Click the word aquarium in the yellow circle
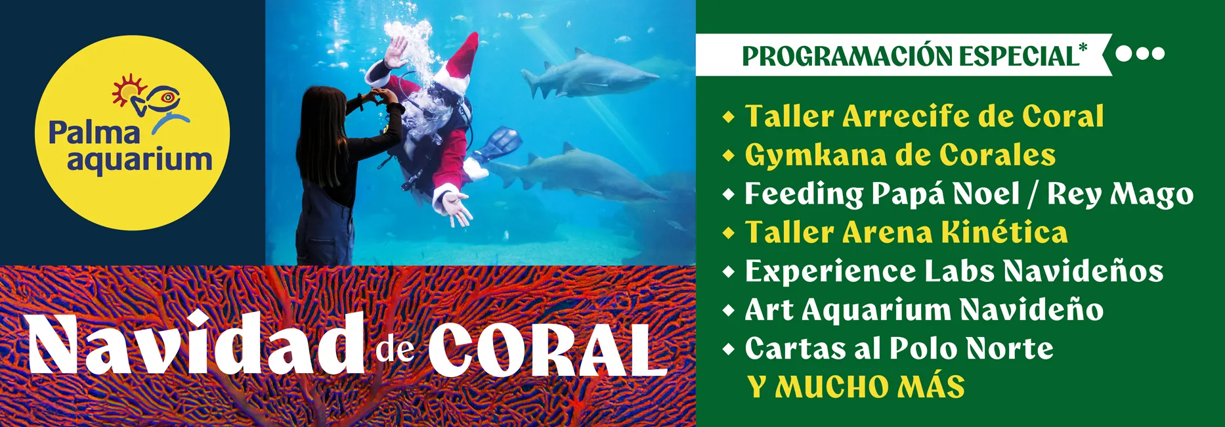139,160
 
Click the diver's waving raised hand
397,51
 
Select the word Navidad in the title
196,345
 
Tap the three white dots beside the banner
1140,53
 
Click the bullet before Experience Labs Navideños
728,271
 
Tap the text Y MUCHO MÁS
857,387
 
